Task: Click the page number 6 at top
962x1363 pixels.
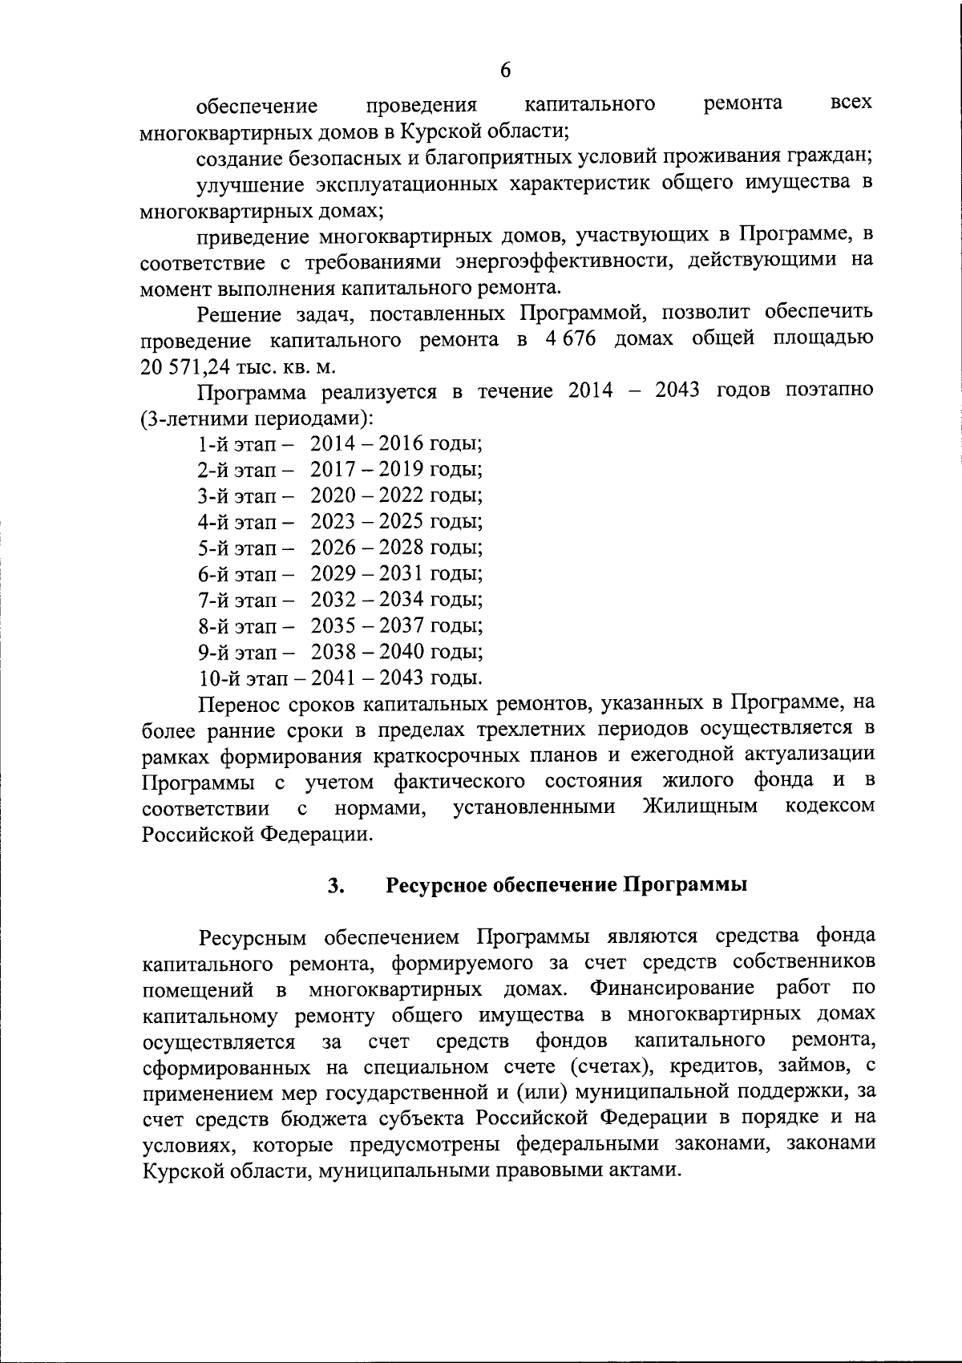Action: click(505, 71)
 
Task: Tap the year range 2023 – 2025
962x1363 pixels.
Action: click(367, 522)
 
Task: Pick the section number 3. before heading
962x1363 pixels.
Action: click(336, 885)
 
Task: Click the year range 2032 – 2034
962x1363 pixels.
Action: click(367, 600)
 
